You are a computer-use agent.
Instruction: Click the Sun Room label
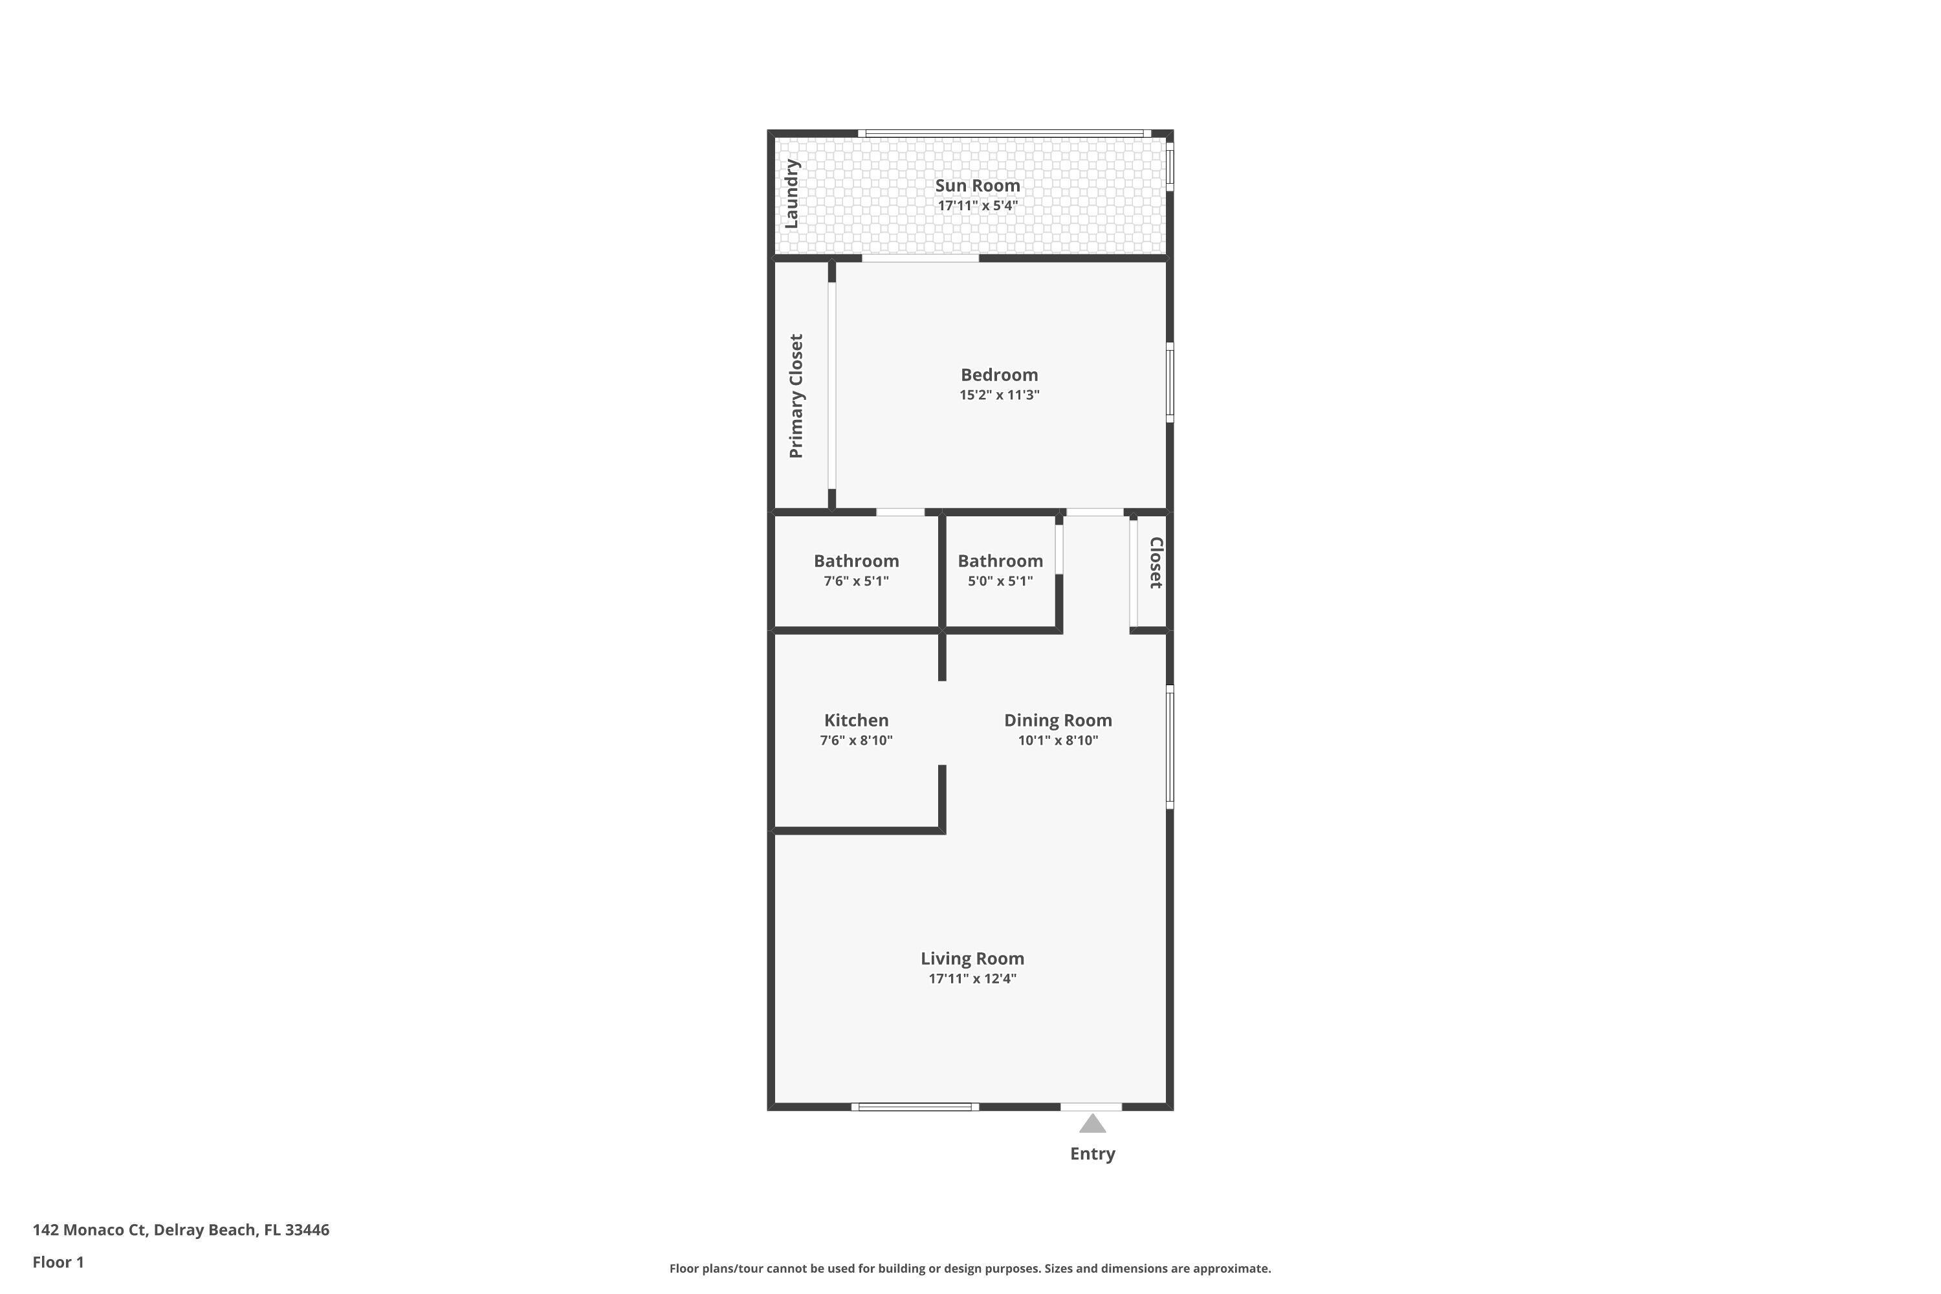977,186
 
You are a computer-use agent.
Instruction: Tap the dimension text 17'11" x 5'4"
977,206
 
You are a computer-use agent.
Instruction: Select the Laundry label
791,194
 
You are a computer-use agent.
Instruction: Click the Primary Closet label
796,396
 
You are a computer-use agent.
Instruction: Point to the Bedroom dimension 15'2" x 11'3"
998,395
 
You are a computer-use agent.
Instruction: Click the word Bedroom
998,375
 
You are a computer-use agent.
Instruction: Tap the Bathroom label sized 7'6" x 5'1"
856,561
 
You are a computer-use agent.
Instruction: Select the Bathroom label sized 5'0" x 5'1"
1000,561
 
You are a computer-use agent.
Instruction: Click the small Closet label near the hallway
1156,563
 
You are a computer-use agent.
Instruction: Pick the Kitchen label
856,721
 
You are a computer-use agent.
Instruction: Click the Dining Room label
1057,721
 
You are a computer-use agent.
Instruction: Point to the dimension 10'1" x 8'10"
1057,740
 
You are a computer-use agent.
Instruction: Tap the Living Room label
972,958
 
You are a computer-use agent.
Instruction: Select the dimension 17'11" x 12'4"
972,979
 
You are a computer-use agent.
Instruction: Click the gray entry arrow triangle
1092,1124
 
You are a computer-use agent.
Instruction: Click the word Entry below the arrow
1092,1154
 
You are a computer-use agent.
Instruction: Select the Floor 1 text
58,1262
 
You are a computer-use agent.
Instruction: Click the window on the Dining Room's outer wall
1169,747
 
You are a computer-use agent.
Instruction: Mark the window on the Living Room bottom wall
914,1106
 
